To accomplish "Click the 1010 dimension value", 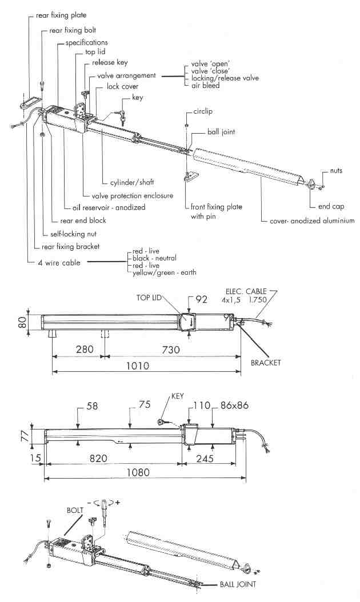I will click(x=138, y=366).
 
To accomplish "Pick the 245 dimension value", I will click(x=211, y=457).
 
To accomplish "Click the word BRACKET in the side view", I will click(x=265, y=363).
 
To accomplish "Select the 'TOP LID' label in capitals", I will click(x=150, y=298).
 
